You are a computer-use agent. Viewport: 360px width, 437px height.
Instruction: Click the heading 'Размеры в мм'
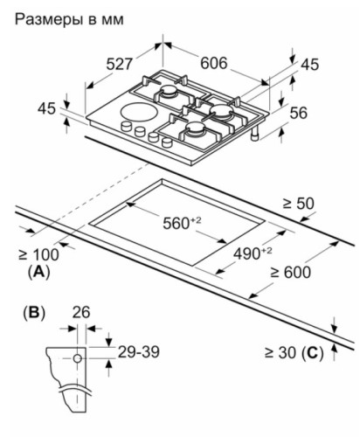(69, 19)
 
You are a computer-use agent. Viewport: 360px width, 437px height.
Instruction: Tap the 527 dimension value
(119, 64)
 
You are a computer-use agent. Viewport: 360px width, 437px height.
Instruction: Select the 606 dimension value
(213, 63)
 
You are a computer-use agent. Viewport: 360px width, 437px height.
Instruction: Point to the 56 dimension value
(299, 113)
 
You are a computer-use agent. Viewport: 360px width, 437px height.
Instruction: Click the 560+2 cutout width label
(182, 223)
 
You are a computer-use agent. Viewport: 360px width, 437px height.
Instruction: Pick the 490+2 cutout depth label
(253, 253)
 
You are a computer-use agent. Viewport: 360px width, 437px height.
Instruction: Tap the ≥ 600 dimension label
(290, 273)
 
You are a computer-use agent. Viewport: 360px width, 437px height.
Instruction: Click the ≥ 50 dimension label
(298, 204)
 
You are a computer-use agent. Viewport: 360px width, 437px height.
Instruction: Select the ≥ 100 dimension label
(38, 254)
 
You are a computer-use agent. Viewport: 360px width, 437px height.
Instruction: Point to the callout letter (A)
(38, 272)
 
